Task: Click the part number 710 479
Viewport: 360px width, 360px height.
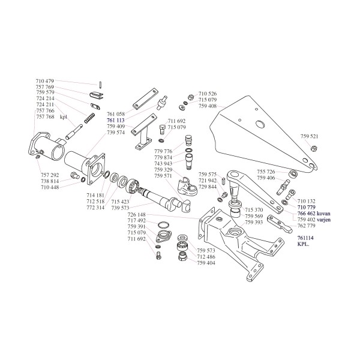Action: (x=45, y=81)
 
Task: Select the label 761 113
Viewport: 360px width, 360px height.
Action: (x=116, y=120)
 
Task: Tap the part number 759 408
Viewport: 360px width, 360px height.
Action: (x=208, y=106)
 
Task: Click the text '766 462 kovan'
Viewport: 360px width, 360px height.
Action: (x=313, y=213)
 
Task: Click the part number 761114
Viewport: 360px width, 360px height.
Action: (x=307, y=238)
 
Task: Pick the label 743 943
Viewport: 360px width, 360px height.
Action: (x=164, y=163)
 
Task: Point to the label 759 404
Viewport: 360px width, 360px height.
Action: (x=207, y=263)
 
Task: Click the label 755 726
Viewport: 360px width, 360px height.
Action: (x=266, y=172)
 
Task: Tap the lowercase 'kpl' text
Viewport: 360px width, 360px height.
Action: (x=63, y=118)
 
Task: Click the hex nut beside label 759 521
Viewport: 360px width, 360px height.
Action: (x=314, y=148)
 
